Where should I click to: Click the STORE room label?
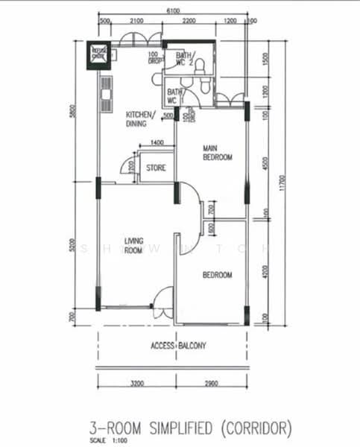(156, 168)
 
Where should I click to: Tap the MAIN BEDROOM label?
(218, 153)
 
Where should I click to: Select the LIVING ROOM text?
(133, 247)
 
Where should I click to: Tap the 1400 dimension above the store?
(157, 143)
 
